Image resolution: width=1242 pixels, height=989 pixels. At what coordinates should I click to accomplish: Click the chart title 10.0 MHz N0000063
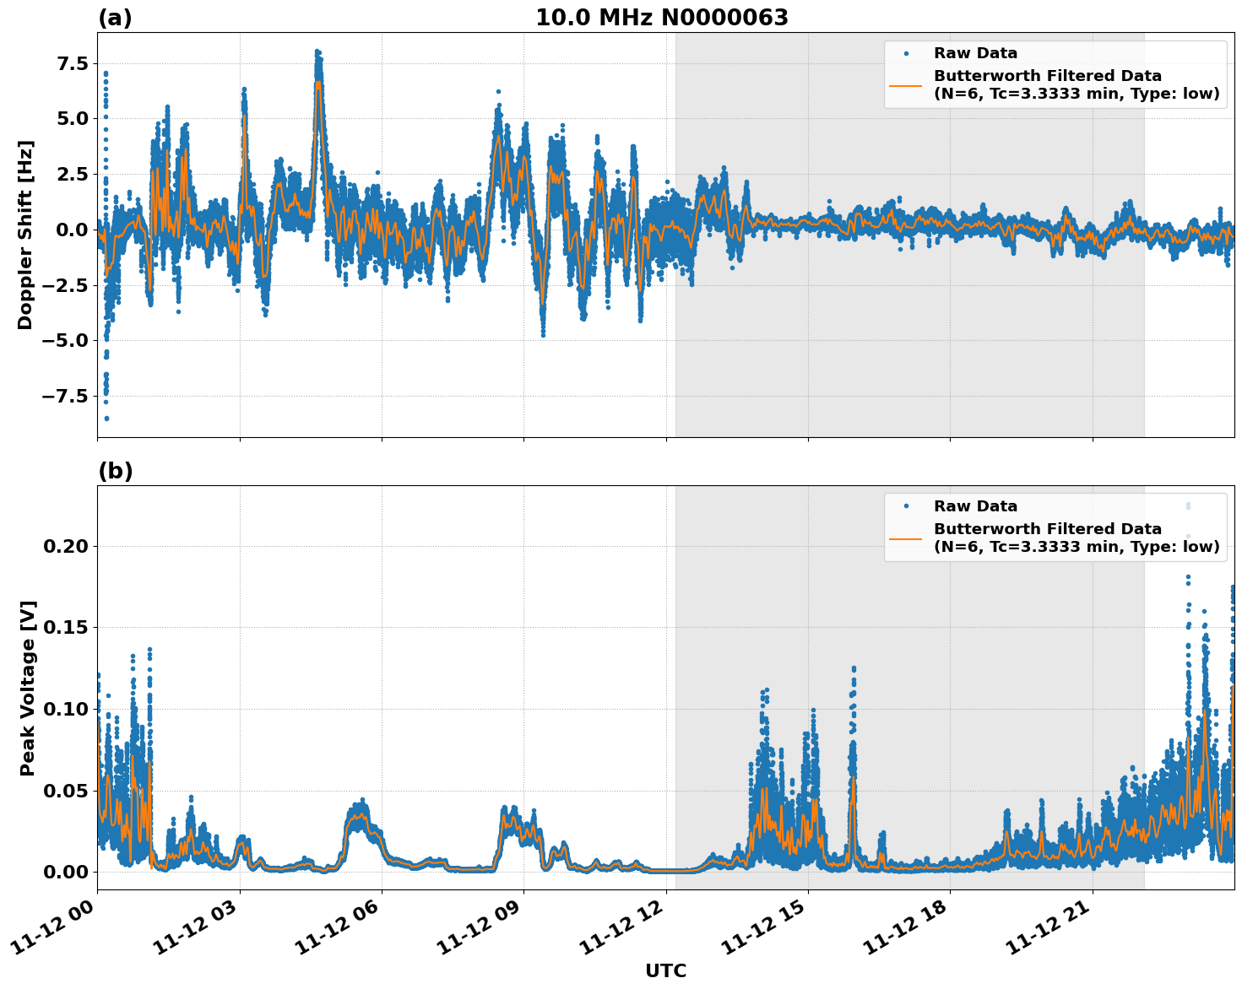(x=661, y=18)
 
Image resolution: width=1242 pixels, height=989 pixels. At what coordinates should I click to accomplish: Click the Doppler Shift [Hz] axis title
(x=25, y=235)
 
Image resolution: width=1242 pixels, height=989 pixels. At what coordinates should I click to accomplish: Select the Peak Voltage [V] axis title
(x=28, y=688)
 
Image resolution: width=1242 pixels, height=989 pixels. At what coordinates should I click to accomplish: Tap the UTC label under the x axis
(x=665, y=970)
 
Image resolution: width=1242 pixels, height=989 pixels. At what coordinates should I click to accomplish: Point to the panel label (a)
(x=115, y=18)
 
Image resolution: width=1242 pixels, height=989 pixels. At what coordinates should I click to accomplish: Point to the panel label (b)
(x=115, y=471)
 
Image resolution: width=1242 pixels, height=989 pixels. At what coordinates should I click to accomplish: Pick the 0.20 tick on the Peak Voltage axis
(x=65, y=547)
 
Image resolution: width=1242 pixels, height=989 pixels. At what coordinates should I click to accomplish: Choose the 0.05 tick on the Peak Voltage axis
(x=65, y=791)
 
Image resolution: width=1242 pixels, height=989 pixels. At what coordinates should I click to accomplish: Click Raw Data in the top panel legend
(x=975, y=53)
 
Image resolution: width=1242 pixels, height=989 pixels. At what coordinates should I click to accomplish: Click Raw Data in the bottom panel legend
(x=975, y=506)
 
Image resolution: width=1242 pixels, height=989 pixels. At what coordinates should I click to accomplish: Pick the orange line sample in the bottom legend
(x=906, y=538)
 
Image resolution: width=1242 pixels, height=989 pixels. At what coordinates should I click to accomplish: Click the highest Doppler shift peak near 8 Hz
(x=317, y=51)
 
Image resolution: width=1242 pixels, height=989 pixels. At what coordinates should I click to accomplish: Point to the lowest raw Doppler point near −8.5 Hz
(x=106, y=418)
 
